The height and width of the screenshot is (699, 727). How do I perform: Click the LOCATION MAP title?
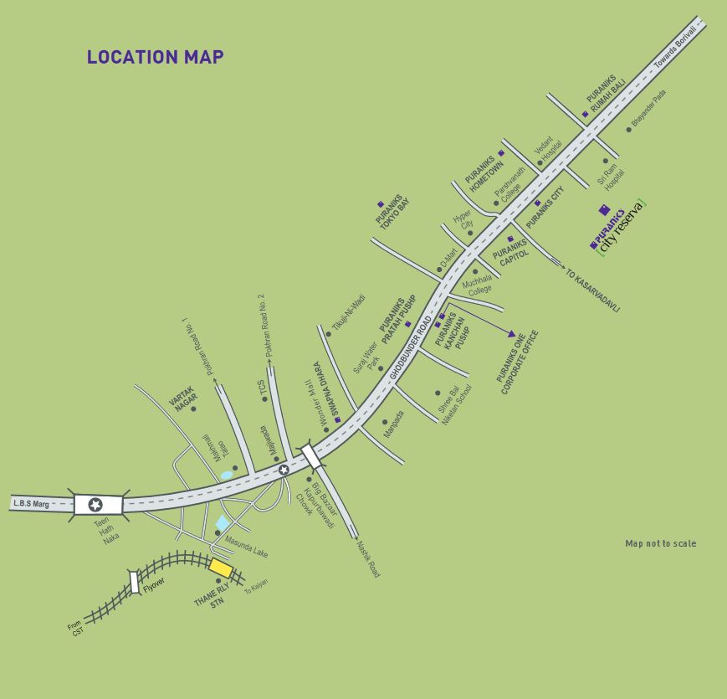pos(155,57)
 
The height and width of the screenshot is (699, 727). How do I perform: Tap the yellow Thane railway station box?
pos(221,568)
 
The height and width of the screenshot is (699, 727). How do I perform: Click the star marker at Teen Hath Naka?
pos(95,504)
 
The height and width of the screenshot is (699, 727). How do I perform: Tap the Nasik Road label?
pos(368,558)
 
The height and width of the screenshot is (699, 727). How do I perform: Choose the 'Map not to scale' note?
pos(660,543)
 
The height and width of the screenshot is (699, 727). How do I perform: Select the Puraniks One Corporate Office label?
pos(519,362)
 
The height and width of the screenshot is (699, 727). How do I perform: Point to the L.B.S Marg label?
pos(33,503)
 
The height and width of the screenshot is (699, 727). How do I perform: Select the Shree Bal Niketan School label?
pos(456,405)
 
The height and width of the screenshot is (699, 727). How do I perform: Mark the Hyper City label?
pos(463,219)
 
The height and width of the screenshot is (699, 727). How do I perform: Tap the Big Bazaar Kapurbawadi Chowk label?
pos(324,505)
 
